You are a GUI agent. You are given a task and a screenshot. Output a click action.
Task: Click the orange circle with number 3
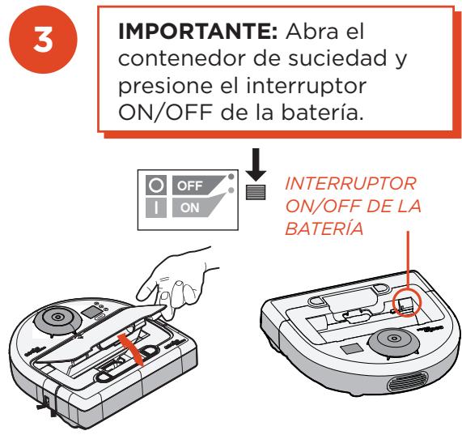pyautogui.click(x=43, y=40)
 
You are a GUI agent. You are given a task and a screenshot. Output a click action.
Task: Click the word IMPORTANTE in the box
pyautogui.click(x=197, y=32)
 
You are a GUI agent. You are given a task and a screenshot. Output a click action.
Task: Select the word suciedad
pyautogui.click(x=337, y=58)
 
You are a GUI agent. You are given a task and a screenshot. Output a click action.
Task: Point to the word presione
pyautogui.click(x=165, y=87)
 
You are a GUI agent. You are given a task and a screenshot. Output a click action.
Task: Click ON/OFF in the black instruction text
pyautogui.click(x=165, y=112)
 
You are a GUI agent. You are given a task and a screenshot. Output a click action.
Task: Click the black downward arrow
pyautogui.click(x=256, y=164)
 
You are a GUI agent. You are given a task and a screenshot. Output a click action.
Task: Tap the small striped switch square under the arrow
pyautogui.click(x=256, y=192)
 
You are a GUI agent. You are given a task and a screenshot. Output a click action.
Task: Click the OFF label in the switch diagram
pyautogui.click(x=190, y=186)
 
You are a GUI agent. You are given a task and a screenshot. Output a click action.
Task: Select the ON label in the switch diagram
pyautogui.click(x=190, y=208)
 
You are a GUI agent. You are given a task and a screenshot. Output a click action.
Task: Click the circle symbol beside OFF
pyautogui.click(x=156, y=186)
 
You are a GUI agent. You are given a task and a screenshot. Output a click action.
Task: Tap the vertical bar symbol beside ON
pyautogui.click(x=156, y=207)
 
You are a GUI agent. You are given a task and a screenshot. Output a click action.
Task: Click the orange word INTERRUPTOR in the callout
pyautogui.click(x=350, y=183)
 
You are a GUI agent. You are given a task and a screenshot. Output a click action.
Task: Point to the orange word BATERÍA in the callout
pyautogui.click(x=324, y=228)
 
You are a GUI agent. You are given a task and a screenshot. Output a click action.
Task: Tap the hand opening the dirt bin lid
pyautogui.click(x=176, y=284)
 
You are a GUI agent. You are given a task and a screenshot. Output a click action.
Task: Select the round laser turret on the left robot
pyautogui.click(x=57, y=318)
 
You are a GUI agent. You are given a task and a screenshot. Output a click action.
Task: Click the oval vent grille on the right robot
pyautogui.click(x=408, y=382)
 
